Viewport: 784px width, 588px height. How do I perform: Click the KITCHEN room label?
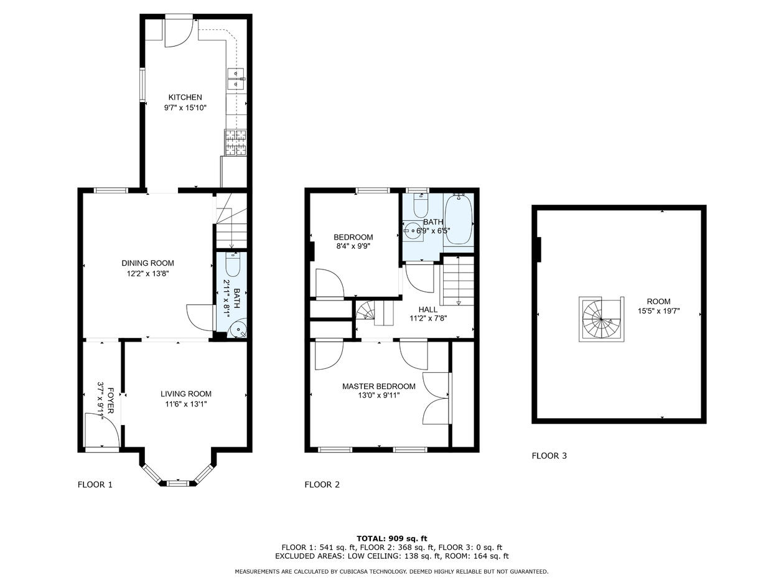point(185,97)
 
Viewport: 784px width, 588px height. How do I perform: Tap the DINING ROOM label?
point(148,263)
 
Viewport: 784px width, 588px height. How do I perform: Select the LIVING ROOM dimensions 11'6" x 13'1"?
point(185,404)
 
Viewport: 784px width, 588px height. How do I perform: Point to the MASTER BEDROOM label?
point(378,386)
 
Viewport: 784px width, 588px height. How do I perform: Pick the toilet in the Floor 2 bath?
point(421,205)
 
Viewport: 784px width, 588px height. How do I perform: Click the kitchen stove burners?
point(235,142)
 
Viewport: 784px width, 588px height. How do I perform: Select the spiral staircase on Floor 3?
point(602,319)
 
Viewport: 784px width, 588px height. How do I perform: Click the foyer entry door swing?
point(102,429)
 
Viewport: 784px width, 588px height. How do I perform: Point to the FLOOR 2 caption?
point(322,485)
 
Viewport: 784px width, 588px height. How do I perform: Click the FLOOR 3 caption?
point(549,455)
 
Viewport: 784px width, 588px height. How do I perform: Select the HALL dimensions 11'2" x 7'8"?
point(428,318)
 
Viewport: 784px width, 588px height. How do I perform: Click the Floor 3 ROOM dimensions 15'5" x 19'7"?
point(659,311)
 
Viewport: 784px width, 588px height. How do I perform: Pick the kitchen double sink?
point(236,78)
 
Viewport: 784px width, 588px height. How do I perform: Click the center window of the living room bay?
point(177,483)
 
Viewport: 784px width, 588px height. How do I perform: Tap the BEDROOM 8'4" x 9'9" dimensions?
point(353,246)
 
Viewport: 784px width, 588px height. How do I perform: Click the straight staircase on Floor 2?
point(458,281)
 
